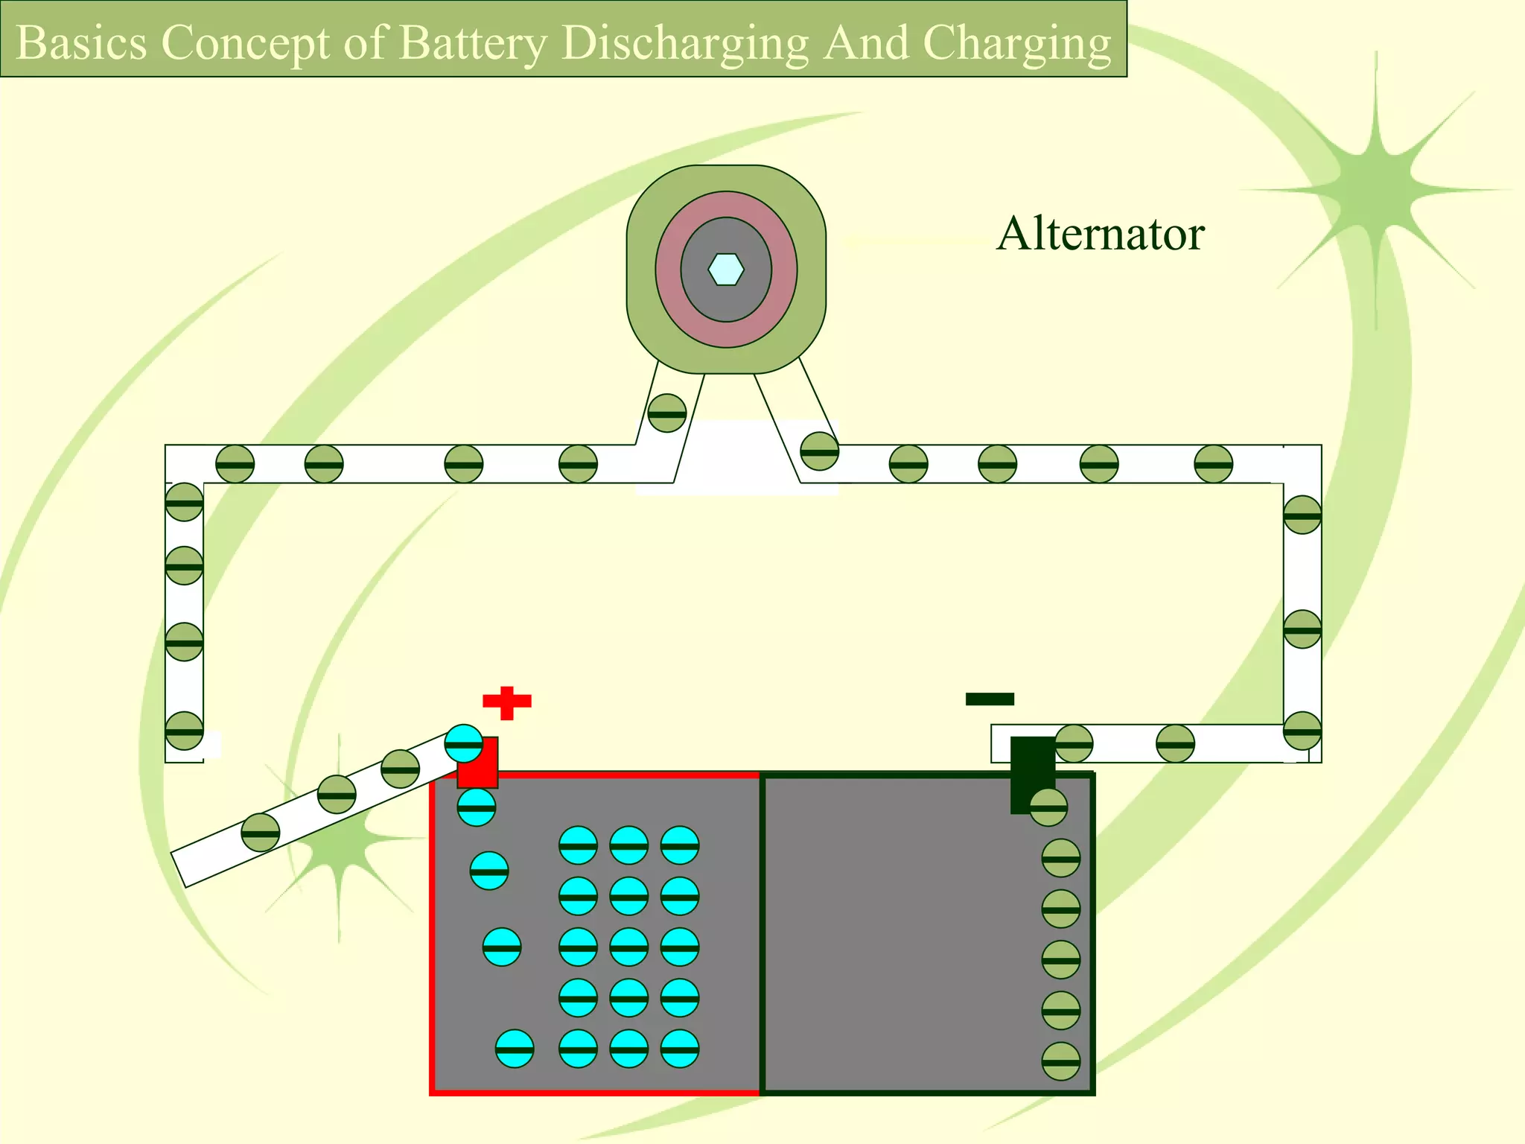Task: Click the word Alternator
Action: click(x=1100, y=234)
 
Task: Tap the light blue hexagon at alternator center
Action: click(x=726, y=270)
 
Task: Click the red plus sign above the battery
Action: click(x=507, y=702)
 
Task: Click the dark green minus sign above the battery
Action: click(x=990, y=699)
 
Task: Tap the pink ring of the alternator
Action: click(x=726, y=205)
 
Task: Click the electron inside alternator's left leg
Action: click(x=666, y=413)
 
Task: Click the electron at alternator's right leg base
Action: click(x=819, y=451)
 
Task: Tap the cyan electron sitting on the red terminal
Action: click(x=463, y=743)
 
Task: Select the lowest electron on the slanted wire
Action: click(x=261, y=833)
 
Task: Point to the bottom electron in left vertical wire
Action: click(x=184, y=731)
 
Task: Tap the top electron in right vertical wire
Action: click(x=1302, y=515)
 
